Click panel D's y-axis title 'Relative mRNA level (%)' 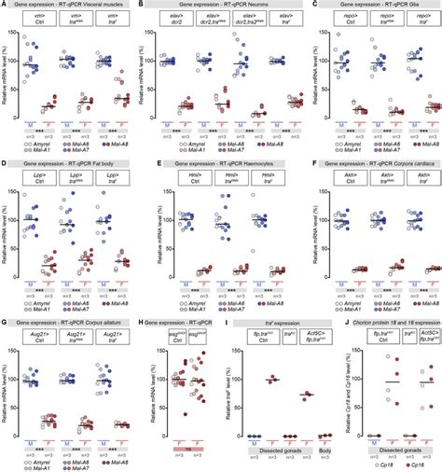pyautogui.click(x=7, y=234)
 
